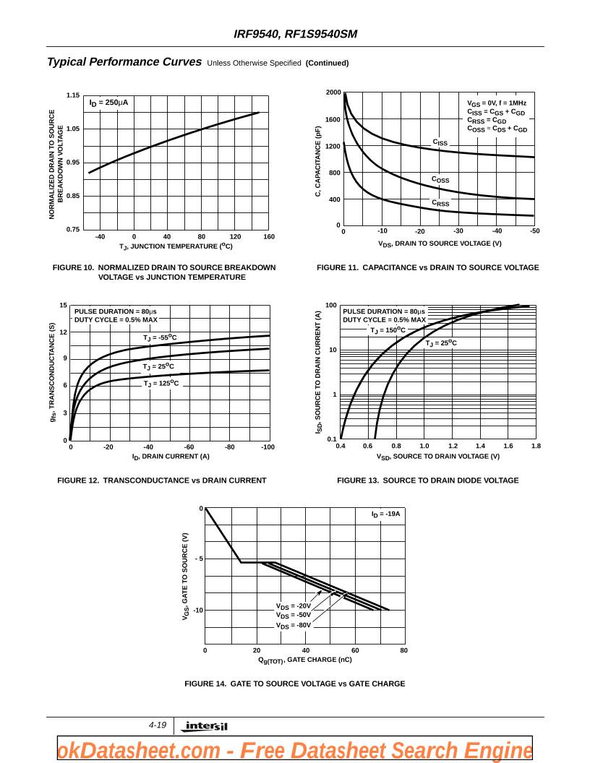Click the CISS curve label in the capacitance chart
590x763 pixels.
tap(440, 142)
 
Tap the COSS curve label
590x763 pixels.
tap(440, 180)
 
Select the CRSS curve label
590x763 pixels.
tap(440, 204)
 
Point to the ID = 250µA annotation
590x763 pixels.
tap(108, 103)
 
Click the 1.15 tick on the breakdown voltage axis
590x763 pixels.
tap(73, 95)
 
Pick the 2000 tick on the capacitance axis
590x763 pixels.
tap(333, 92)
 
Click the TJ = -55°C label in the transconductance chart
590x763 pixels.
tap(160, 338)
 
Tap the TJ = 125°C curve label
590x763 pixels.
tap(161, 384)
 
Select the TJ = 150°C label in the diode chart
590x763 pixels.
tap(388, 331)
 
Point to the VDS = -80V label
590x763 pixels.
tap(293, 626)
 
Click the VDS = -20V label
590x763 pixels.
tap(293, 606)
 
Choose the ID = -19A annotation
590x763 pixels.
tap(385, 514)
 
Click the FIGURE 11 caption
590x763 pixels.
tap(427, 268)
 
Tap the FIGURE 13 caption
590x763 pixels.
tap(427, 480)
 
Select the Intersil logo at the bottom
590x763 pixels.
tap(205, 726)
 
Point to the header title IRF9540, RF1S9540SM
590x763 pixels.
tap(295, 34)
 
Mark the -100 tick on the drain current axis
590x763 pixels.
tap(268, 447)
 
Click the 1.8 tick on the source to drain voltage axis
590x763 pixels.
tap(536, 447)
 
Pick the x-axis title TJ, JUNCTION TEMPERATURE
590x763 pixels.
tap(176, 246)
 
